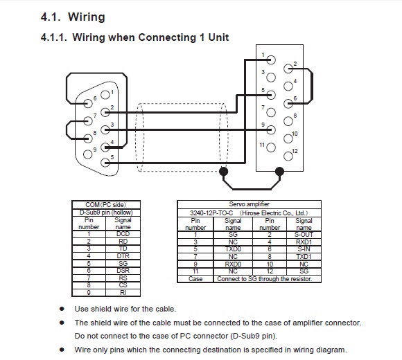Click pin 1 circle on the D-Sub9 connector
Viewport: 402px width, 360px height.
[x=105, y=95]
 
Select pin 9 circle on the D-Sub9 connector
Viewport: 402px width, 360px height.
[x=88, y=154]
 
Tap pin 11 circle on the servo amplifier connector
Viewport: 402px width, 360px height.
[x=271, y=147]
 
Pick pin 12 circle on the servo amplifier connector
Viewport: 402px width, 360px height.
[x=288, y=156]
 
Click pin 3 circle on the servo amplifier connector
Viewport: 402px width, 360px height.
[x=271, y=78]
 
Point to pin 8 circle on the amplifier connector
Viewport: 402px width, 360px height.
[x=288, y=121]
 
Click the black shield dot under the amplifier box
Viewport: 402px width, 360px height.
[x=279, y=171]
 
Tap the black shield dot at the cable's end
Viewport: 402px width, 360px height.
[x=224, y=171]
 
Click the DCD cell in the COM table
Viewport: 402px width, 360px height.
[x=123, y=234]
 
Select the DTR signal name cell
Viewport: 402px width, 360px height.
[x=123, y=256]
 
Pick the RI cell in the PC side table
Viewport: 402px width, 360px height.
[x=123, y=293]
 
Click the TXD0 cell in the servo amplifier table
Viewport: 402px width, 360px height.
[x=233, y=249]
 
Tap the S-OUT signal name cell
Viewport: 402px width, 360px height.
[x=304, y=235]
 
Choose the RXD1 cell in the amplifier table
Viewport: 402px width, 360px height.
[x=304, y=242]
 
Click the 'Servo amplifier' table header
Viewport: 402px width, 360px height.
[x=250, y=204]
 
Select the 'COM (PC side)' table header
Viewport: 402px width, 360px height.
[x=106, y=205]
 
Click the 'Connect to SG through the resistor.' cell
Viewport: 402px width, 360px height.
[x=265, y=279]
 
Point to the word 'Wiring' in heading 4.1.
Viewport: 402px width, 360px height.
[x=87, y=17]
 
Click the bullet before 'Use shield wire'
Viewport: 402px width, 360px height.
[x=62, y=309]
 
